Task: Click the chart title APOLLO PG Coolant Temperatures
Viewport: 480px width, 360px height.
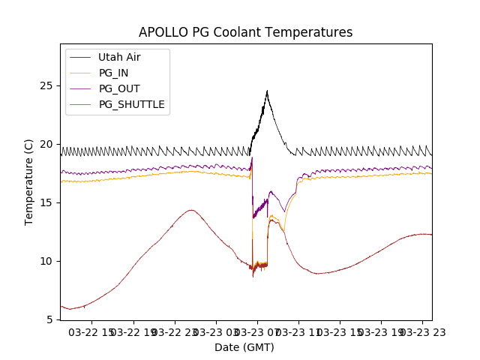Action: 245,32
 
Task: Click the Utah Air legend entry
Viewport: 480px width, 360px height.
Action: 119,57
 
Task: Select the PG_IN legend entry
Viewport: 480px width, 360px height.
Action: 114,73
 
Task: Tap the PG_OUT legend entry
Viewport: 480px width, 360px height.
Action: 119,88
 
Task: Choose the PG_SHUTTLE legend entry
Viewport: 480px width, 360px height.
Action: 131,104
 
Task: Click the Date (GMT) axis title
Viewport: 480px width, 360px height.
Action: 244,347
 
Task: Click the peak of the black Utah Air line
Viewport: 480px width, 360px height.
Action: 267,91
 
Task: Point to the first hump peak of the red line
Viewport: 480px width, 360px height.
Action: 191,210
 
